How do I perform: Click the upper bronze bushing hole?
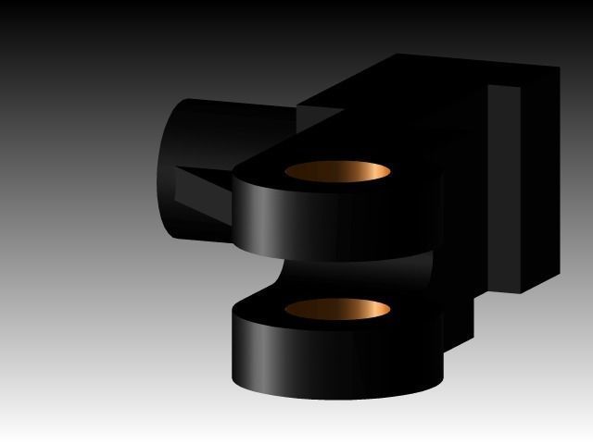coord(337,172)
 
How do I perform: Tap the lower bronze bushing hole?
coord(337,308)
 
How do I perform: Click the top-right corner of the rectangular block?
coord(560,67)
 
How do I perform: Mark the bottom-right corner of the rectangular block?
coord(520,293)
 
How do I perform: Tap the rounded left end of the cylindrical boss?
coord(165,166)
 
